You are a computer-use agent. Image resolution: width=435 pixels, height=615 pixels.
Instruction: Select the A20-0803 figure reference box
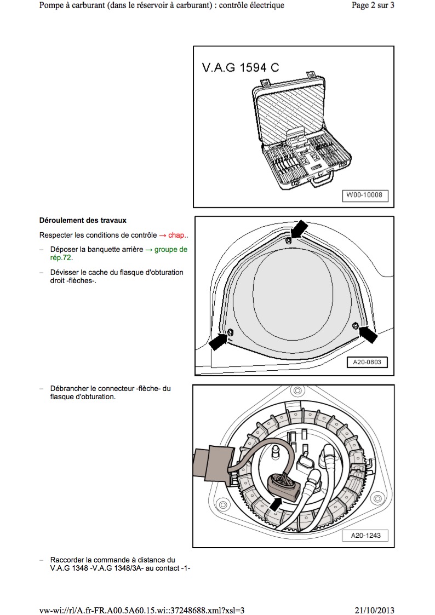pos(367,362)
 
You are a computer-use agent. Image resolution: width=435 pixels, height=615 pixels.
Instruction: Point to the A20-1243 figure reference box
pos(366,536)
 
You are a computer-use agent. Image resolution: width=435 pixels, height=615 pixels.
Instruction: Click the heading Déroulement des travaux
pos(83,221)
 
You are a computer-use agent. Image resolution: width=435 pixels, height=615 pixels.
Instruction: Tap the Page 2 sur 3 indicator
pos(373,5)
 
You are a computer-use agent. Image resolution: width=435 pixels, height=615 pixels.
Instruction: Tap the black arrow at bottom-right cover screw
pos(369,335)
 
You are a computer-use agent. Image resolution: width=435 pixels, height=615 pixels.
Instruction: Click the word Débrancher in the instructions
pos(68,389)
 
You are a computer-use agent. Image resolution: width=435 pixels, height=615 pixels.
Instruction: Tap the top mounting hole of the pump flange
pos(297,392)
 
